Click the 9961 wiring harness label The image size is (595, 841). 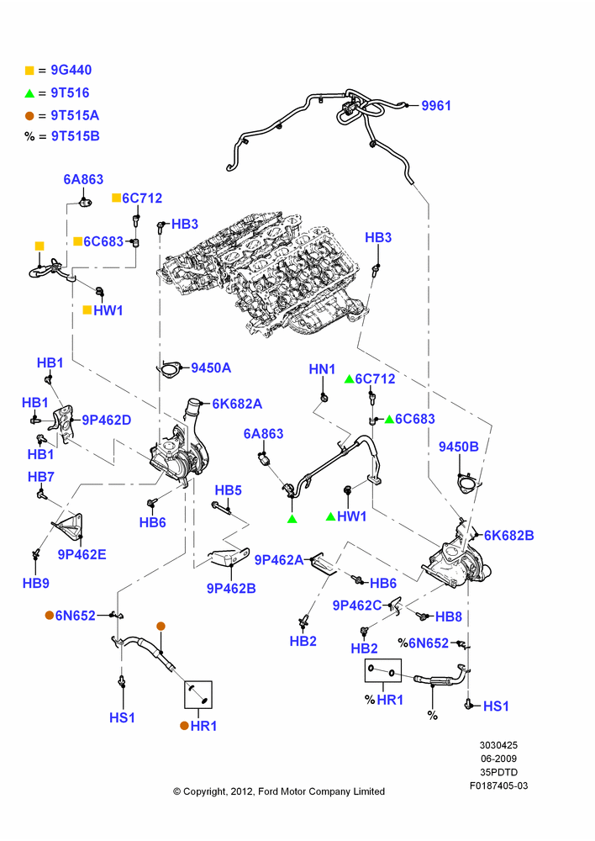point(436,106)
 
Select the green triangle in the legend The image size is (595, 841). point(29,93)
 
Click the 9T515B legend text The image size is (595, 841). point(75,136)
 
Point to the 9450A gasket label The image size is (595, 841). point(211,368)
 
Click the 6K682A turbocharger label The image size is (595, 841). point(238,404)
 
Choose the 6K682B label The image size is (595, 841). point(508,535)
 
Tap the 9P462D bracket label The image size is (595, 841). point(106,420)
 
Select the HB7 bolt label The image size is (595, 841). point(41,477)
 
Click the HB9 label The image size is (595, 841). point(36,583)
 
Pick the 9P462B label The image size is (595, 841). point(231,589)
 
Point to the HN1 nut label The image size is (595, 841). point(322,369)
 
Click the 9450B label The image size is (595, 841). point(458,447)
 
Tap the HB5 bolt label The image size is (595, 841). point(229,490)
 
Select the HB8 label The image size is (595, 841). point(449,616)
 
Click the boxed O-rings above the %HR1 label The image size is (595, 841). point(382,670)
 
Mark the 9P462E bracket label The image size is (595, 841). point(82,554)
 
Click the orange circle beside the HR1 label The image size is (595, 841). point(184,726)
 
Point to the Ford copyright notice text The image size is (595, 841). point(279,791)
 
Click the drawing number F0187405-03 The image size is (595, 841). point(499,785)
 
